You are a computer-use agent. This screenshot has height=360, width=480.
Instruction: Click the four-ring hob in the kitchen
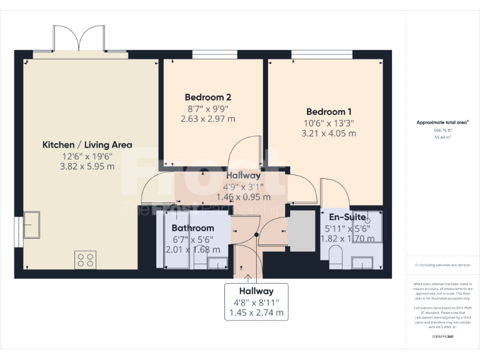tap(85, 259)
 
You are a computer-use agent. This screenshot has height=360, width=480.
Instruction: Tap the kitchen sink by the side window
tap(31, 225)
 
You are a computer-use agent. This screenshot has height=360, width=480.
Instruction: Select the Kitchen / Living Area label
tap(87, 144)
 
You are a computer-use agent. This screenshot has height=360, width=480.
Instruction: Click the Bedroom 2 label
tap(208, 97)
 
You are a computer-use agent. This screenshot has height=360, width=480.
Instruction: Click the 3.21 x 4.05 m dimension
tap(329, 133)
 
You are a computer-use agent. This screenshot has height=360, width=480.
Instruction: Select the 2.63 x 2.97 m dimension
tap(208, 119)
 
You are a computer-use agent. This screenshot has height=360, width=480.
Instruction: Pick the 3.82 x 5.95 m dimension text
tap(87, 167)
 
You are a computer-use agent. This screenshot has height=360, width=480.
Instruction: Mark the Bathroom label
tap(192, 228)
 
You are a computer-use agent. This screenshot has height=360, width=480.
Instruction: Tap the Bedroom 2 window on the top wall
tap(210, 55)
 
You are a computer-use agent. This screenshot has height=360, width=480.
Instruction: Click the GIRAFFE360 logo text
tap(442, 336)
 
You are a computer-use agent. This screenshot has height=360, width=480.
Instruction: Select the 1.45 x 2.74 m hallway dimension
tap(256, 312)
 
